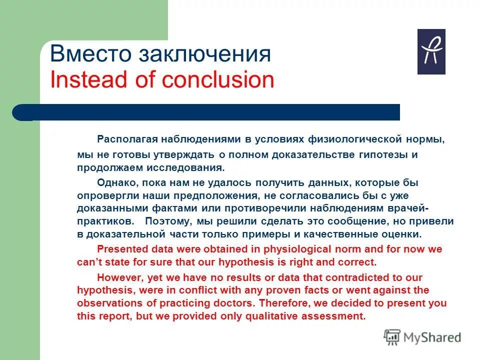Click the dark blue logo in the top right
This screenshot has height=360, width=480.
(x=431, y=52)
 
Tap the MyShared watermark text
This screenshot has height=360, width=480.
(x=432, y=337)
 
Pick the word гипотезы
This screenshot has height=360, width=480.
(x=383, y=154)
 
